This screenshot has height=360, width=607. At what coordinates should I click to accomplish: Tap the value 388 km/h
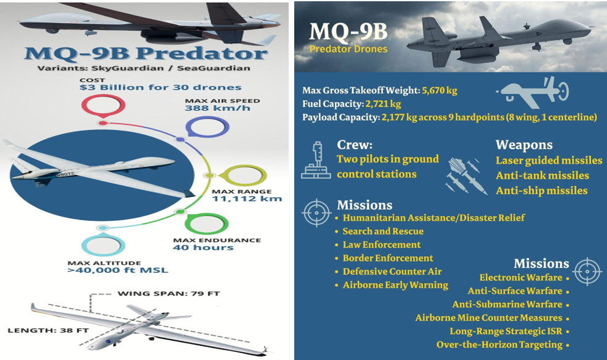click(218, 108)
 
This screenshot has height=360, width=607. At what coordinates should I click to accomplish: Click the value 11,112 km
click(247, 199)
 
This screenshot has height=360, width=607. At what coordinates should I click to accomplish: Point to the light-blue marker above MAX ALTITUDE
click(103, 245)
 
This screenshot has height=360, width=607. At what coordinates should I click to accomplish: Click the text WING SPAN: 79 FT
click(169, 293)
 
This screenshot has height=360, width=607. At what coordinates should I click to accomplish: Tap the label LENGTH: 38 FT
click(48, 330)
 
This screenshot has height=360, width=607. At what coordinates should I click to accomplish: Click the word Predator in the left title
click(202, 53)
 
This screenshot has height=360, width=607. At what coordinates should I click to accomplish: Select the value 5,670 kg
click(439, 91)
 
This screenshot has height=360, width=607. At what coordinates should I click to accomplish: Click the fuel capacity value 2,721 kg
click(383, 104)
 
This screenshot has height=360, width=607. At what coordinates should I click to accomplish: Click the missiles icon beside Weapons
click(467, 175)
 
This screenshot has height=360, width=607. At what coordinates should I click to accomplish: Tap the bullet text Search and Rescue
click(383, 231)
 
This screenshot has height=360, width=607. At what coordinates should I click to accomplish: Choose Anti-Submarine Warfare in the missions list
click(507, 304)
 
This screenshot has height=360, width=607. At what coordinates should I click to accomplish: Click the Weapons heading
click(524, 145)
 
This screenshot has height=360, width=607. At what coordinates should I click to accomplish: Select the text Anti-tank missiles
click(542, 176)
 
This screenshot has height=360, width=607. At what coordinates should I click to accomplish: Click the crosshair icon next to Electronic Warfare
click(588, 272)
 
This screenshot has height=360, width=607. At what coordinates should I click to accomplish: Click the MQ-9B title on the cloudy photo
click(348, 32)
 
